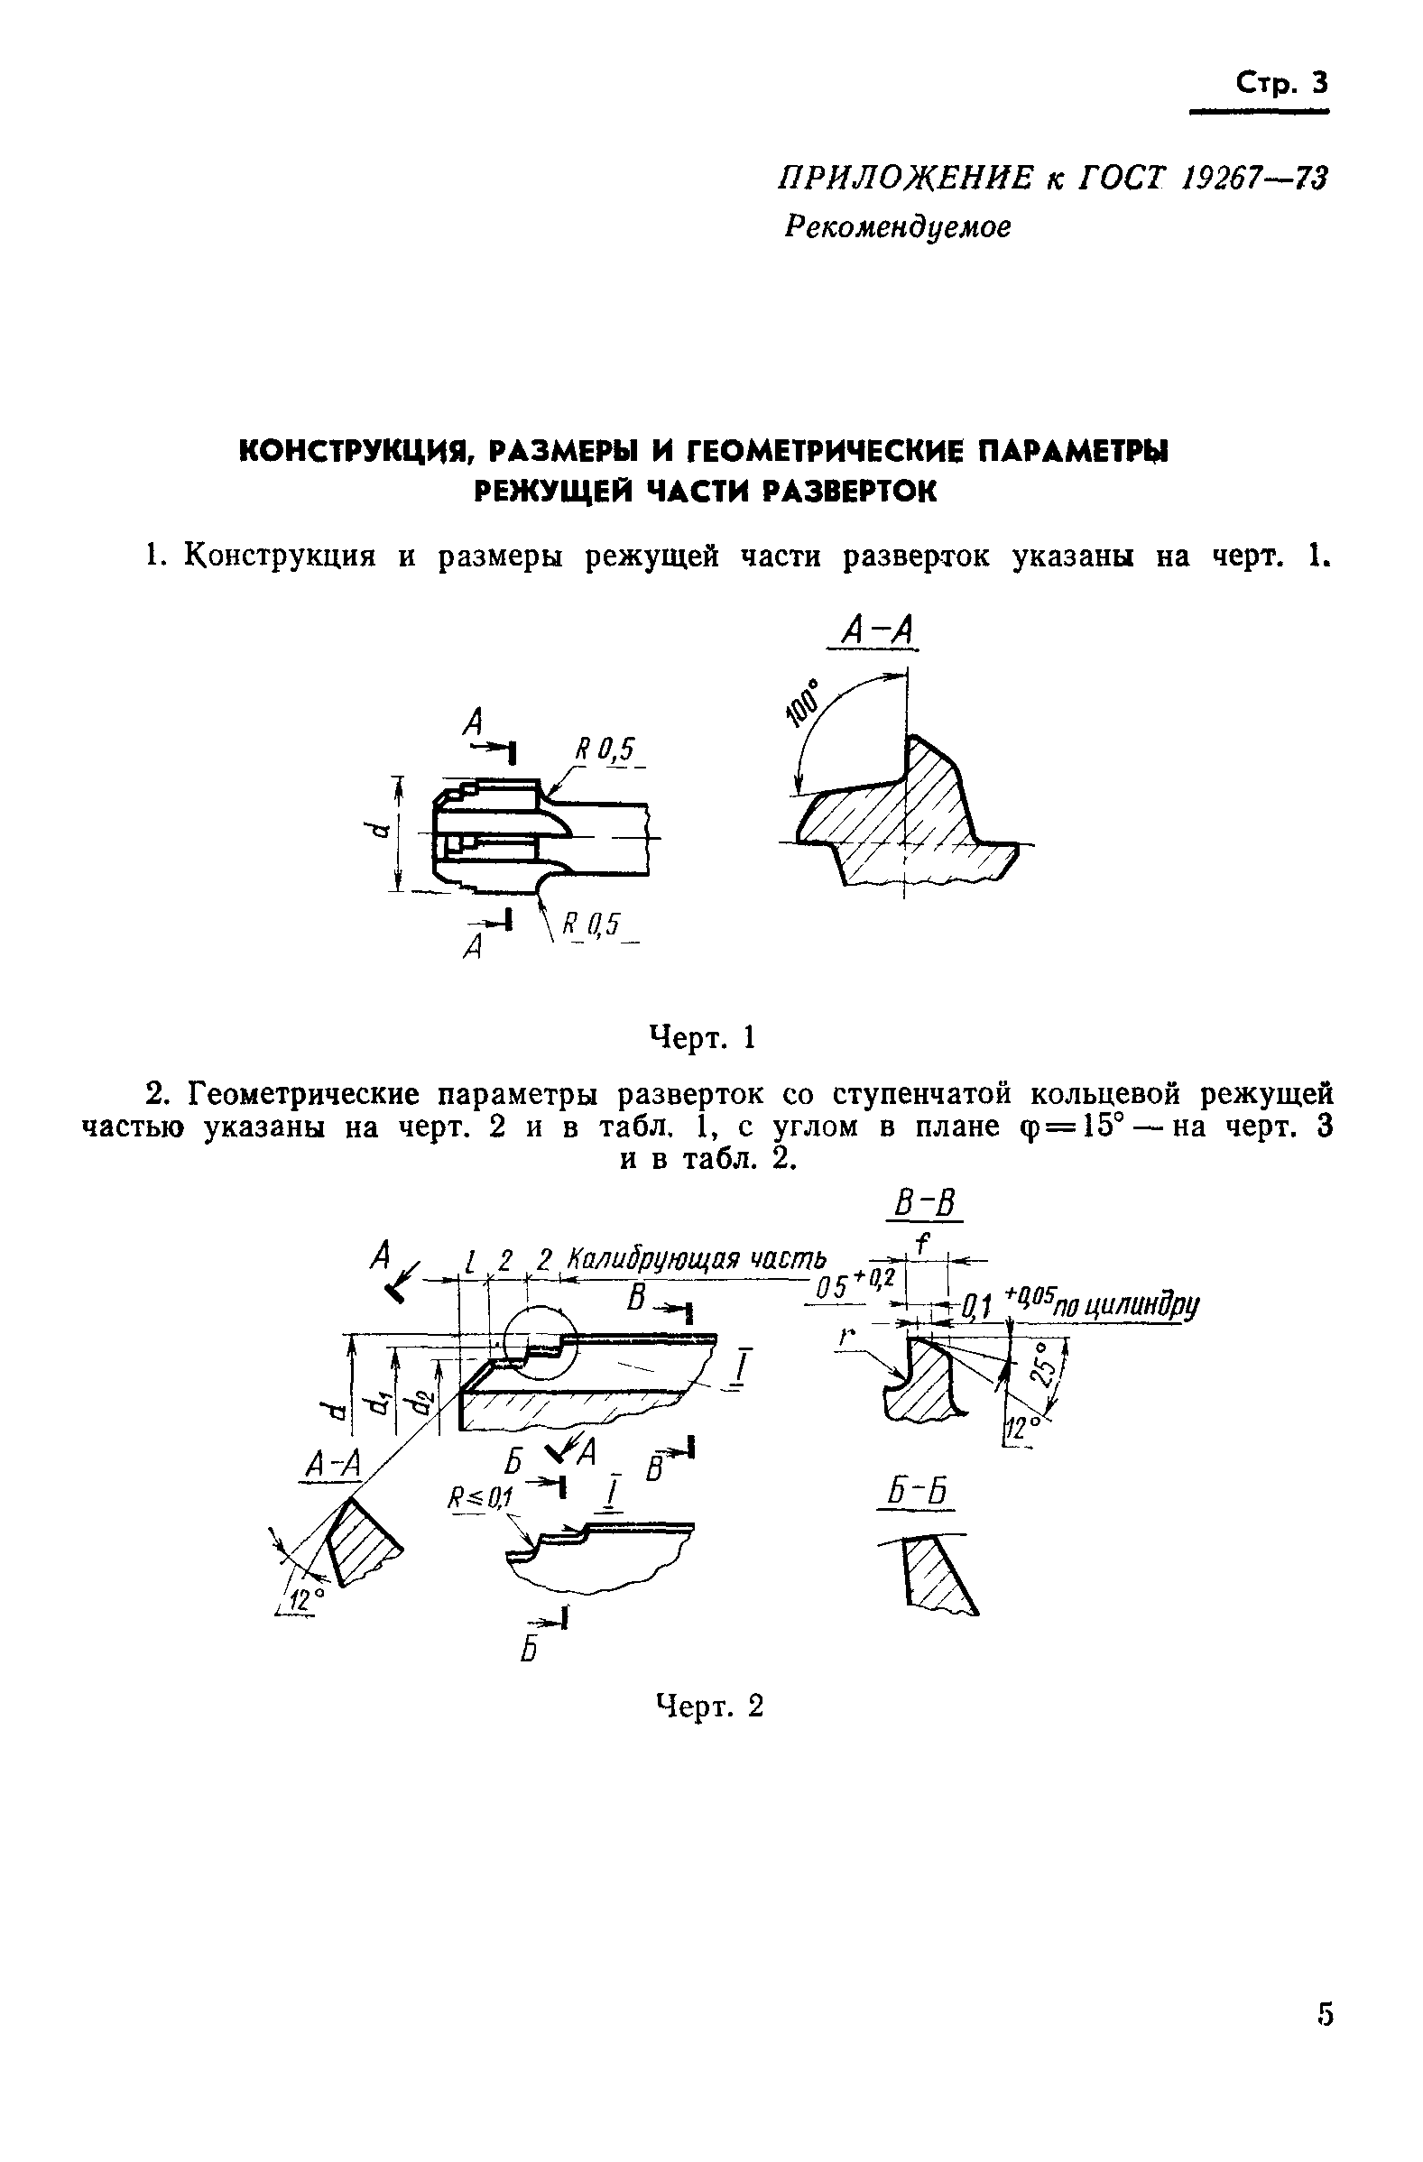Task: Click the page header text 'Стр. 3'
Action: (1281, 83)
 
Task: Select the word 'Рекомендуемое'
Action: (897, 226)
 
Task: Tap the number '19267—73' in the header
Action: (1255, 179)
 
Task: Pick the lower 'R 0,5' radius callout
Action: (590, 925)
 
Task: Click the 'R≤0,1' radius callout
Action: (480, 1496)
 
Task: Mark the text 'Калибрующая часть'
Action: (697, 1260)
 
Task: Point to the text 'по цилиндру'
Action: (1143, 1305)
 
